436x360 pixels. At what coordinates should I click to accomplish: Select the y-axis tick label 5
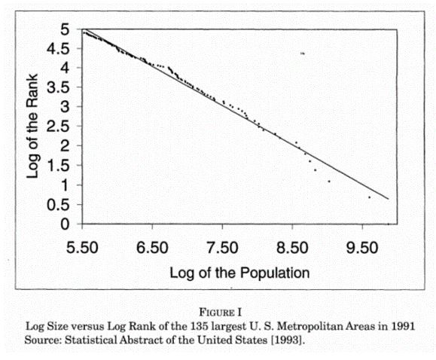click(x=65, y=29)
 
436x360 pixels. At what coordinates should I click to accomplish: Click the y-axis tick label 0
click(x=65, y=224)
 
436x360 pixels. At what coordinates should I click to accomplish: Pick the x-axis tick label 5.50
click(x=82, y=248)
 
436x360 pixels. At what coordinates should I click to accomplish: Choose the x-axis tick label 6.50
click(x=152, y=248)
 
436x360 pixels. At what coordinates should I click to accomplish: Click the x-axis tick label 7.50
click(x=222, y=248)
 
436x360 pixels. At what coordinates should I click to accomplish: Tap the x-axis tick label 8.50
click(x=292, y=248)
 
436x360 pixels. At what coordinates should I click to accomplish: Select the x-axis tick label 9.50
click(x=362, y=248)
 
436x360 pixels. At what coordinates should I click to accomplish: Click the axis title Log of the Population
click(x=239, y=273)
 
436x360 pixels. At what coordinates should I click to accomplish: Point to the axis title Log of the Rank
click(x=32, y=126)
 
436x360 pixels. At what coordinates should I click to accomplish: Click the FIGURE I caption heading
click(x=220, y=312)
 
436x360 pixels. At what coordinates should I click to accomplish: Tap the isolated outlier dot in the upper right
click(x=303, y=53)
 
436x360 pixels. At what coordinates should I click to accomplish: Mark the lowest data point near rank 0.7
click(x=370, y=197)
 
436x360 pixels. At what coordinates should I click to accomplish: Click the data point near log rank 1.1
click(x=329, y=182)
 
